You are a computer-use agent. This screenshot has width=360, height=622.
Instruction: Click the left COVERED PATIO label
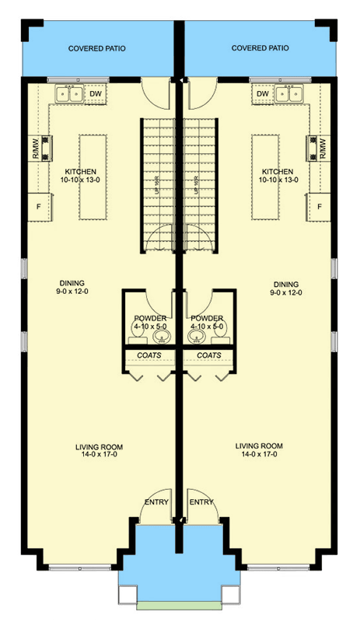(x=96, y=48)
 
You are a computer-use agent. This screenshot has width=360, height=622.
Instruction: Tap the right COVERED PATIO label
(x=260, y=48)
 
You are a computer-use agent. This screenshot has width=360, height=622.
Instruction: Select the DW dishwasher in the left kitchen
(x=96, y=94)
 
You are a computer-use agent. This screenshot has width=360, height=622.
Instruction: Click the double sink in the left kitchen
(x=70, y=94)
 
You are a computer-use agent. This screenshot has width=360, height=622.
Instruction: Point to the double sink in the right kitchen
(x=288, y=94)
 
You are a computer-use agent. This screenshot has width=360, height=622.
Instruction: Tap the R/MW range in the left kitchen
(x=38, y=148)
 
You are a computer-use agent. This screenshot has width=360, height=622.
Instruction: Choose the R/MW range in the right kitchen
(x=320, y=148)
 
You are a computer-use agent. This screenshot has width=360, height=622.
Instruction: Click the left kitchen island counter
(x=92, y=178)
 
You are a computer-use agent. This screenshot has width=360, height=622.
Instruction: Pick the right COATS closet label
(x=208, y=355)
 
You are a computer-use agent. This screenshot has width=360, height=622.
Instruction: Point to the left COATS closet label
(x=150, y=355)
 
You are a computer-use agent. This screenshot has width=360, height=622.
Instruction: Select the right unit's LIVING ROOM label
(x=260, y=450)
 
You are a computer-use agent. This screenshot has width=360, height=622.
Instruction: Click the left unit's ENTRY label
(x=156, y=502)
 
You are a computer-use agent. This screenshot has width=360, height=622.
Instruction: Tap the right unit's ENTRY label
(x=201, y=502)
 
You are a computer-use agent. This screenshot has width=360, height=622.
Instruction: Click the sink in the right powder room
(x=194, y=338)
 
